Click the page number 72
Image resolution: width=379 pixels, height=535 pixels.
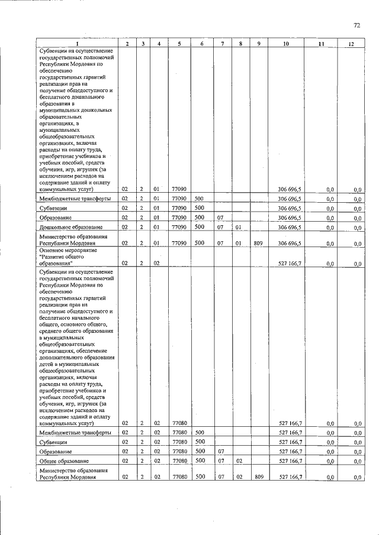(356, 25)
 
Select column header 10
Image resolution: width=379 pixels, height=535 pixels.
(286, 44)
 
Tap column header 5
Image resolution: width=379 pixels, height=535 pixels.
(179, 44)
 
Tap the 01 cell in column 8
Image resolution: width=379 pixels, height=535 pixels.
(238, 227)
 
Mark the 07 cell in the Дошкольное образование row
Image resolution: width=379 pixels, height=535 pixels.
(220, 227)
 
